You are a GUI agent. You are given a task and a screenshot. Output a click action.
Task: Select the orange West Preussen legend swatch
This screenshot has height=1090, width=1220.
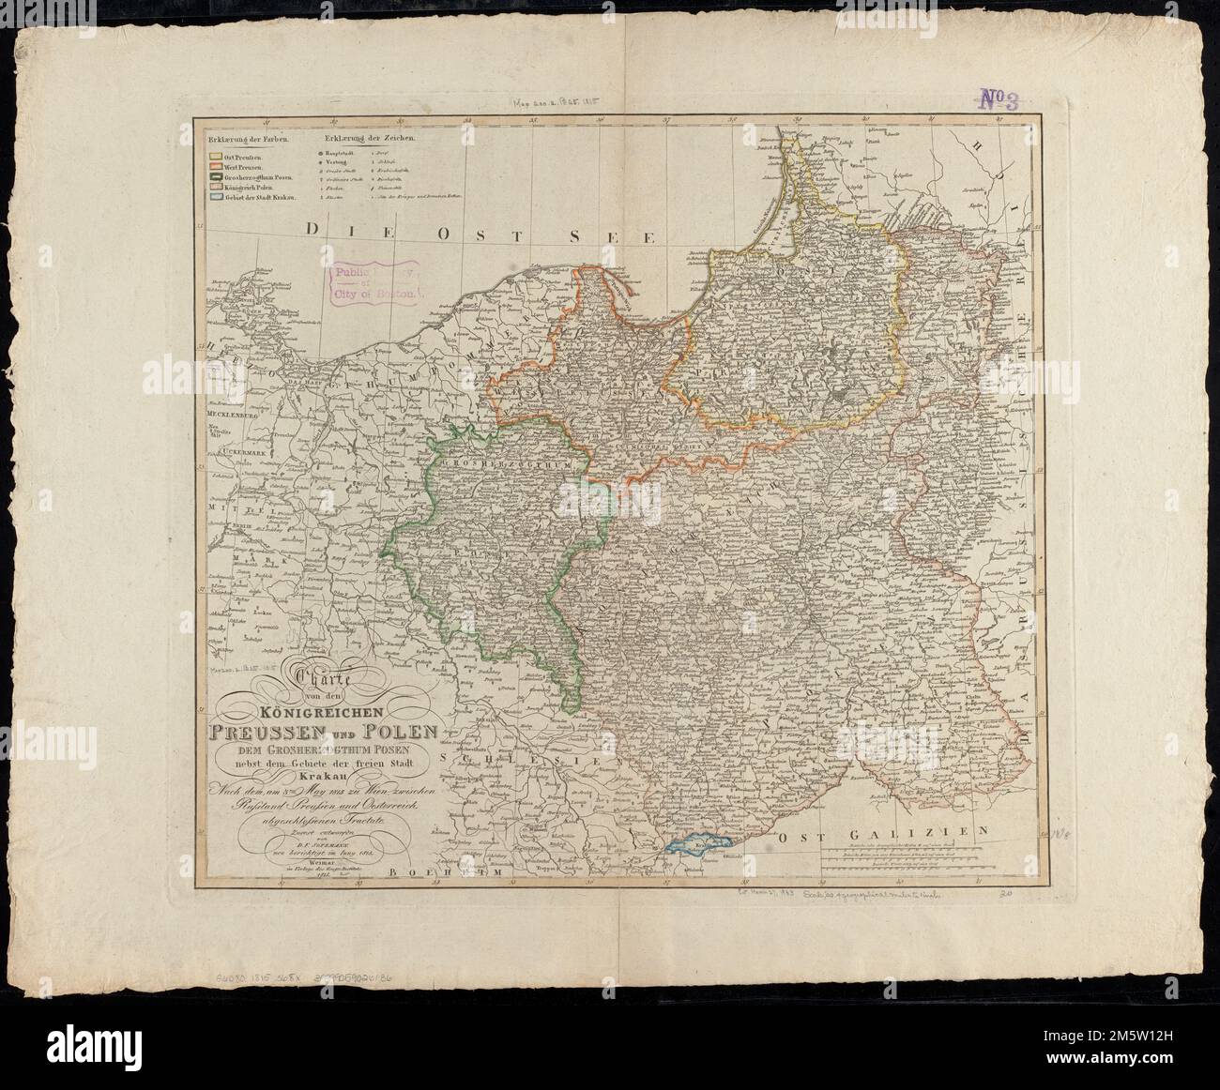coord(215,166)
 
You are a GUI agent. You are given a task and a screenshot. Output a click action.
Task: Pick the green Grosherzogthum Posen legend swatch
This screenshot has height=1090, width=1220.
coord(215,177)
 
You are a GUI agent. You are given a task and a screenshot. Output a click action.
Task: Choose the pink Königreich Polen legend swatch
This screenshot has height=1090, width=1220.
coord(215,188)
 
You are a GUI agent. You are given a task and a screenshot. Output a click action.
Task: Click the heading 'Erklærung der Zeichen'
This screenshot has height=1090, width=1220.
coord(367,138)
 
